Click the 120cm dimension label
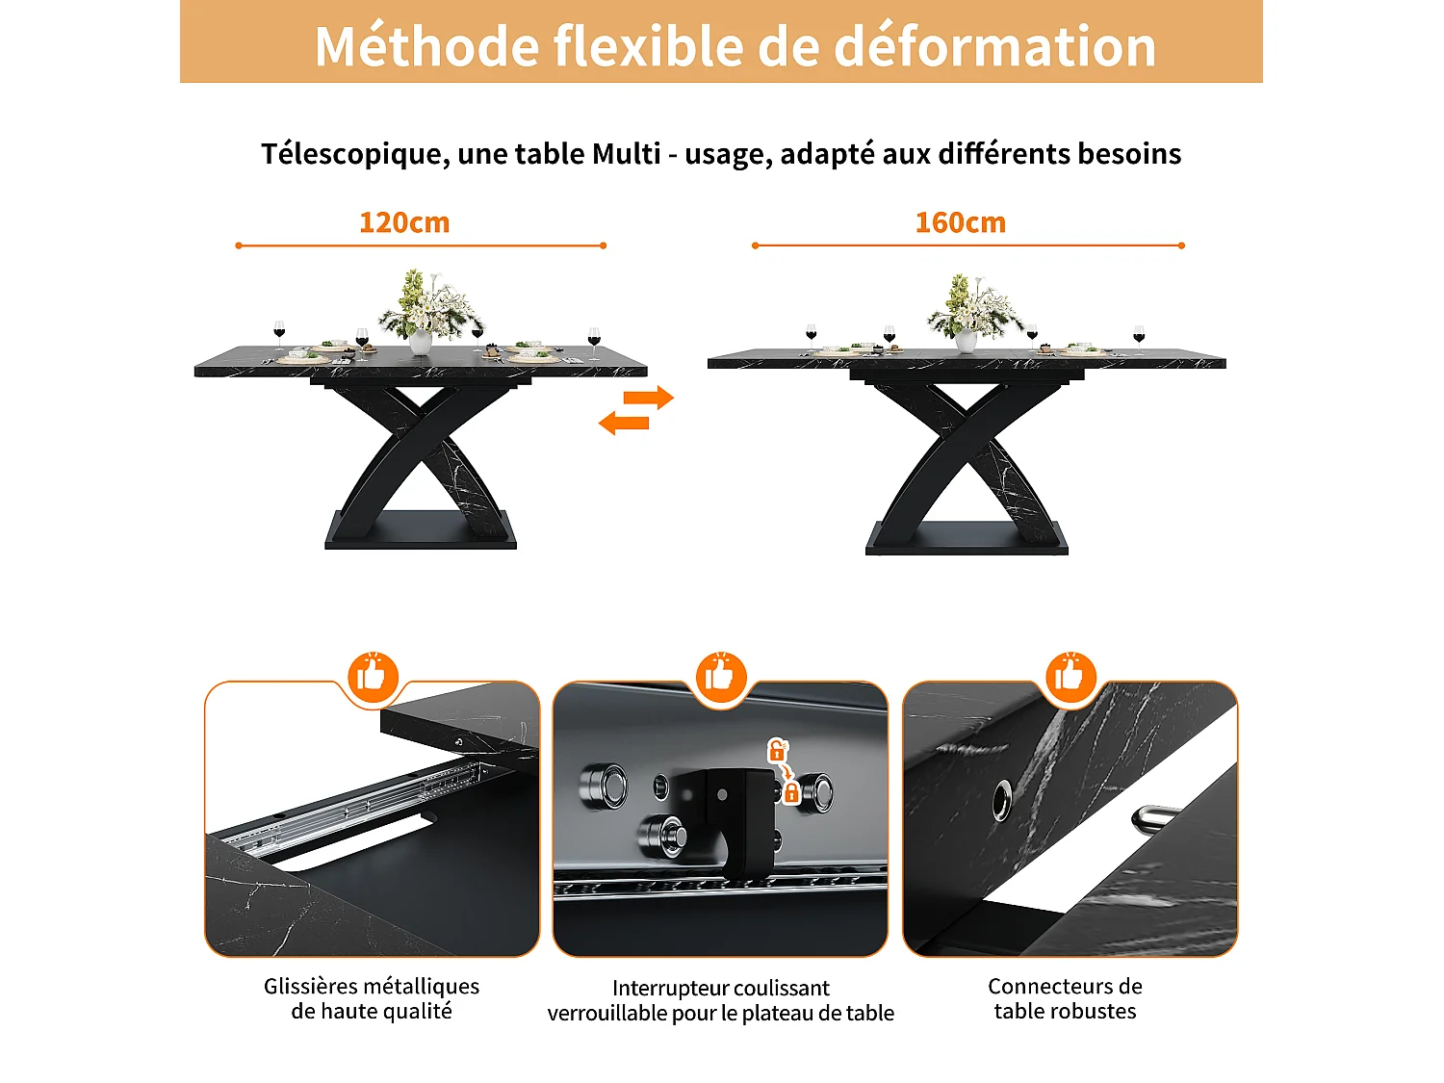point(404,222)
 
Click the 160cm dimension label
point(960,222)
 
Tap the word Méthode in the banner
point(426,46)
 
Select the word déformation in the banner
point(994,46)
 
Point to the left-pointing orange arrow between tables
point(624,422)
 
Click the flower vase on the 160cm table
point(966,340)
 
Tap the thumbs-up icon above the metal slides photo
point(373,677)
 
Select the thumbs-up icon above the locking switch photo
point(721,677)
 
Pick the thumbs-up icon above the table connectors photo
point(1070,677)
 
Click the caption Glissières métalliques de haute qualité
point(372,998)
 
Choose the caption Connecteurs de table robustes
point(1065,998)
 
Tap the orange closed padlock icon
point(791,792)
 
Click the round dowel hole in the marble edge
point(1002,799)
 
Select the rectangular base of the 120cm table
point(421,530)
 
